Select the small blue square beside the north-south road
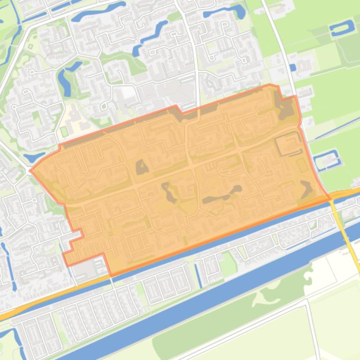pos(293,68)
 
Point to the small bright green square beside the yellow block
pos(64,131)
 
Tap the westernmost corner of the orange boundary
pos(30,170)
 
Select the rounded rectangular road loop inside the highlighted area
pos(288,144)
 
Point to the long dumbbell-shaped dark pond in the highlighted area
pos(222,195)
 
